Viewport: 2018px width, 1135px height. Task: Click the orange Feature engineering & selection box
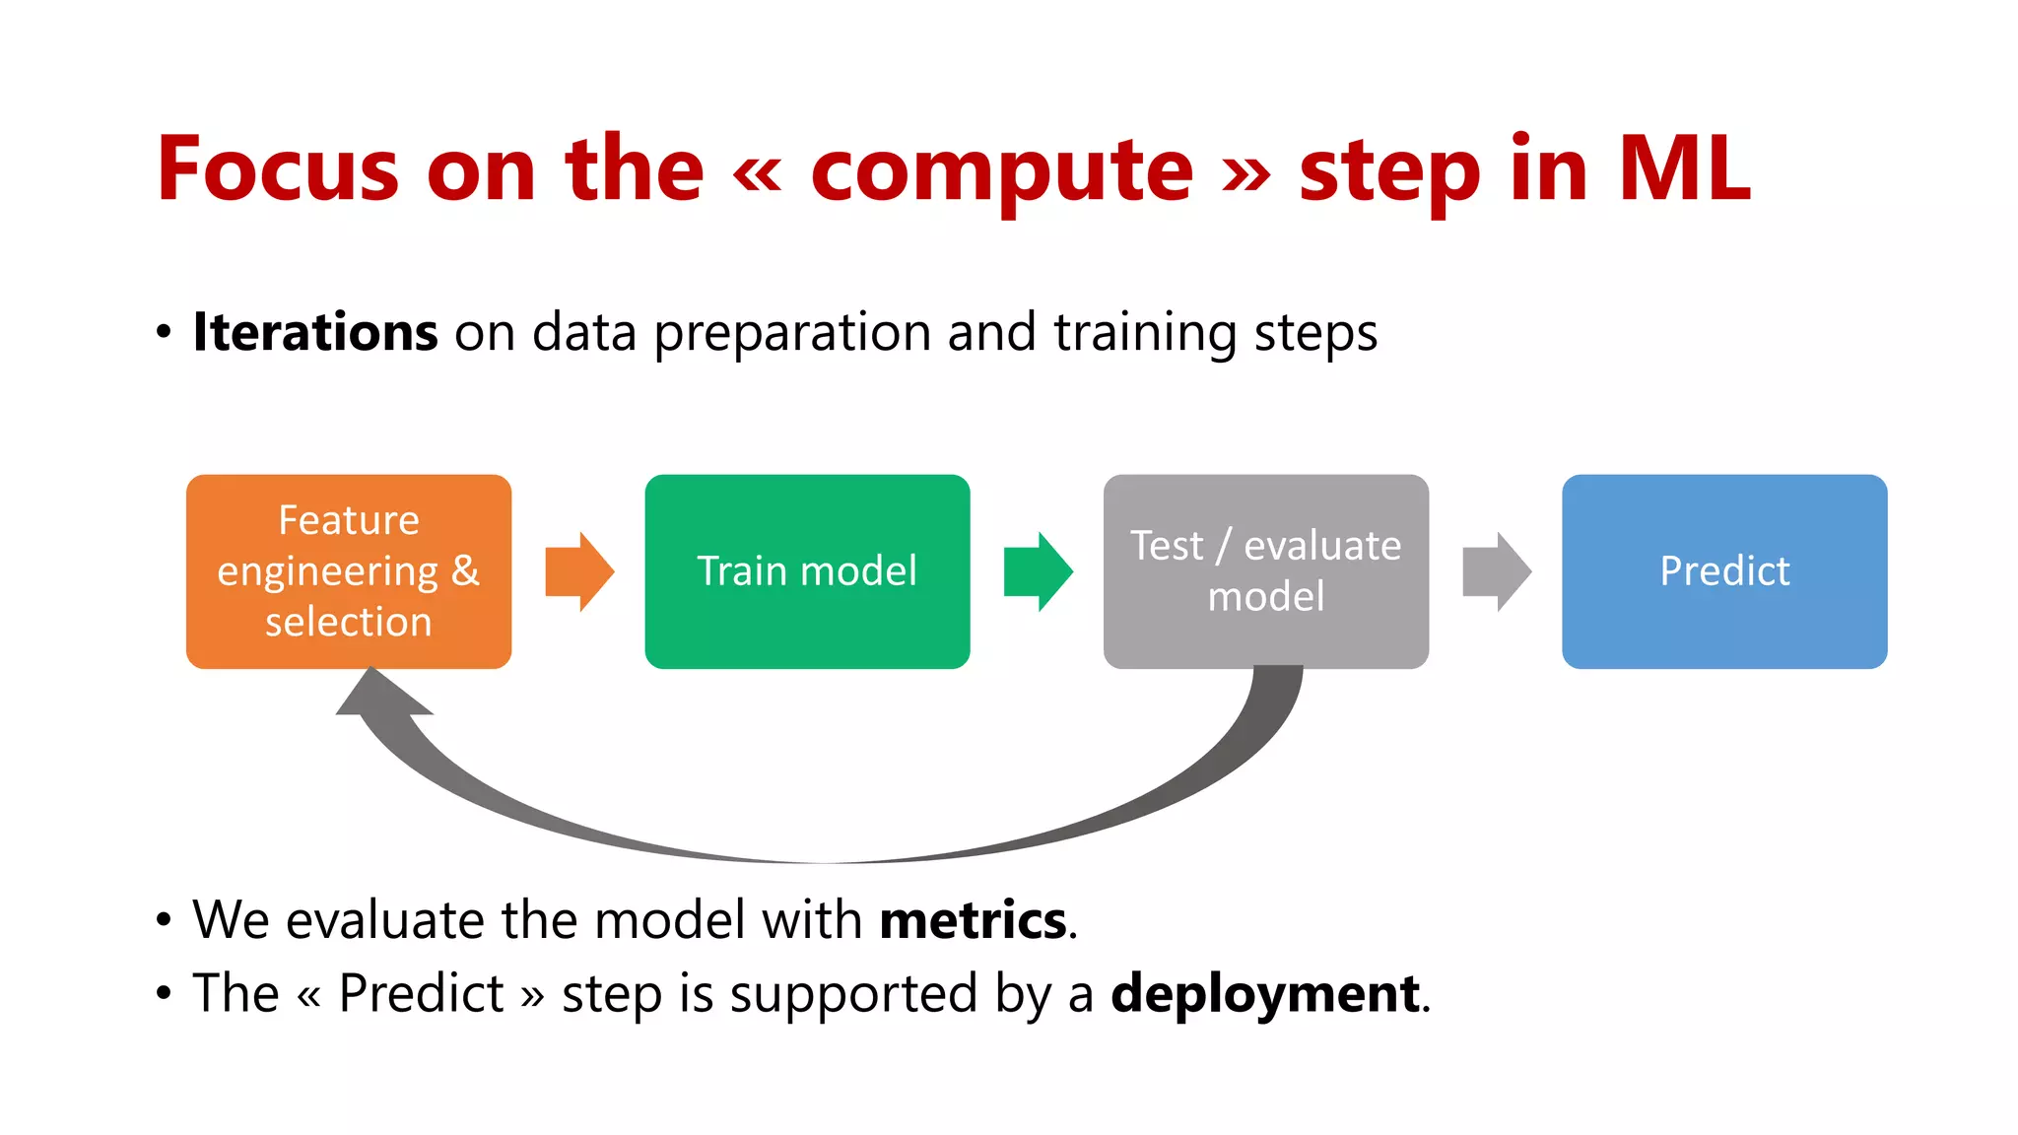(348, 571)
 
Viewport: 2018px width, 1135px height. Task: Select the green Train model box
(807, 571)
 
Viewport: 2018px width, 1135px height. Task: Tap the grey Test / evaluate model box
(1265, 571)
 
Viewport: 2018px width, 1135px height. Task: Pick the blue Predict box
(1724, 571)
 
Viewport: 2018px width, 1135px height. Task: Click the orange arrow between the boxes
(579, 571)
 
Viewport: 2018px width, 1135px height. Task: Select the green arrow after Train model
(1038, 571)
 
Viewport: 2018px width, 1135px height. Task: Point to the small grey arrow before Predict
(1496, 571)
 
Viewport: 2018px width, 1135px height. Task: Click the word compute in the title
(1001, 170)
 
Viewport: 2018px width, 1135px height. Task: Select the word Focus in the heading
(277, 168)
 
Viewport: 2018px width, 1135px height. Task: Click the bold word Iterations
(315, 331)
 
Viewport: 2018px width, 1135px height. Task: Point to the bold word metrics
(973, 920)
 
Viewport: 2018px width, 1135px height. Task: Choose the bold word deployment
(1265, 993)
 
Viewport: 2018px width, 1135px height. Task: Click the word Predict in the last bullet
(421, 993)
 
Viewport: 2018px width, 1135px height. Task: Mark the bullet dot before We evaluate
(164, 920)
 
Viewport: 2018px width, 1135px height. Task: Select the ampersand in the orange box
(465, 571)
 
